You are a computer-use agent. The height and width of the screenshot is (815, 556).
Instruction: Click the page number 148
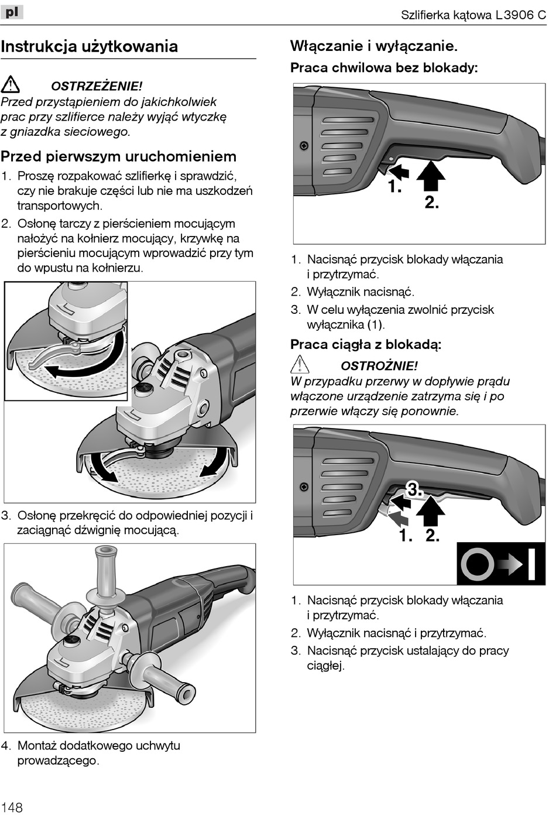[x=12, y=807]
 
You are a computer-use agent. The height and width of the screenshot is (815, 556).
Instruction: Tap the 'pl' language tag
[x=12, y=11]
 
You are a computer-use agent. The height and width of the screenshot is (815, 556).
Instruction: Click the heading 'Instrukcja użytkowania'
[x=90, y=46]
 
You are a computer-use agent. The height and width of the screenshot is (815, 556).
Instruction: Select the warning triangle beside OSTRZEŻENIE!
[x=11, y=85]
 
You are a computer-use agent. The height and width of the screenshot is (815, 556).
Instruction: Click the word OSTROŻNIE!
[x=379, y=366]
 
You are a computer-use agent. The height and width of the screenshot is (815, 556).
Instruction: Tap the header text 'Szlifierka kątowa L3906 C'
[x=473, y=15]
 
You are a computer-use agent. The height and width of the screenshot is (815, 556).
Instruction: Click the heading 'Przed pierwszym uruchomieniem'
[x=118, y=156]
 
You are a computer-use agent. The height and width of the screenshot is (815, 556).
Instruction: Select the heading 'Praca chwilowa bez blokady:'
[x=384, y=68]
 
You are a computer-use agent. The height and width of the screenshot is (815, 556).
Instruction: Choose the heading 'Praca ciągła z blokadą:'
[x=366, y=344]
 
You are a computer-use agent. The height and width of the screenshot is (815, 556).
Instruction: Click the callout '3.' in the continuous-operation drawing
[x=414, y=489]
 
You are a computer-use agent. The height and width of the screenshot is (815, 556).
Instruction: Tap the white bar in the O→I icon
[x=531, y=564]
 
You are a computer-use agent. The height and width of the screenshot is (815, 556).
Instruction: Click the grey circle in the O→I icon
[x=477, y=564]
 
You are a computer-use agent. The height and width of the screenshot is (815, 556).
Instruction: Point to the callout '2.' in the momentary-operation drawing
[x=431, y=203]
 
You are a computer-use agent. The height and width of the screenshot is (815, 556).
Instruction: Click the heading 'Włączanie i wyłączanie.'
[x=374, y=46]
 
